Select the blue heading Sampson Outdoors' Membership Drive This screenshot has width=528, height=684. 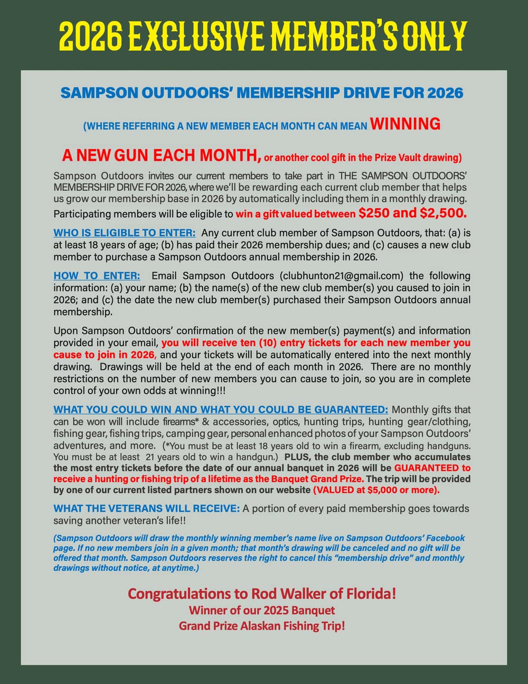[x=261, y=93]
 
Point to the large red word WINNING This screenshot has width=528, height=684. [x=406, y=124]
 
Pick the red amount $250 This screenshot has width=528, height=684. [x=374, y=214]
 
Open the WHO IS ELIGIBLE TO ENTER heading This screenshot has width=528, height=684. [x=125, y=233]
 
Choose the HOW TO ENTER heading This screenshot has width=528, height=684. [x=97, y=275]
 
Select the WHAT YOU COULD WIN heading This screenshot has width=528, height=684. [x=221, y=410]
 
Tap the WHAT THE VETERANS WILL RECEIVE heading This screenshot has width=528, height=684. [x=147, y=509]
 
